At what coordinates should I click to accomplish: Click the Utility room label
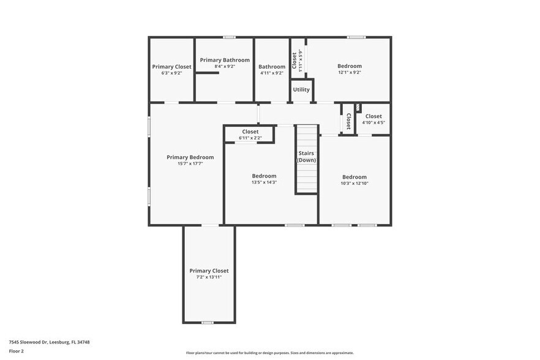pyautogui.click(x=301, y=90)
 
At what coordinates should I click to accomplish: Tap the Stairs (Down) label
pyautogui.click(x=306, y=156)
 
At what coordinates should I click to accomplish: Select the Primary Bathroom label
pyautogui.click(x=224, y=60)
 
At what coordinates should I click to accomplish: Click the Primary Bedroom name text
pyautogui.click(x=190, y=157)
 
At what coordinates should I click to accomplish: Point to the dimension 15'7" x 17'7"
pyautogui.click(x=190, y=164)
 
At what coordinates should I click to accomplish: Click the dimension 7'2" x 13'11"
pyautogui.click(x=209, y=277)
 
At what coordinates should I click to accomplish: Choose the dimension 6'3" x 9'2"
pyautogui.click(x=171, y=73)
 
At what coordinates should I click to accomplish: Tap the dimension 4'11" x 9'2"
pyautogui.click(x=272, y=73)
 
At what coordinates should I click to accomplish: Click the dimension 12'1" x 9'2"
pyautogui.click(x=350, y=72)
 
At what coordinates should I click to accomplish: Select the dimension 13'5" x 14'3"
pyautogui.click(x=264, y=182)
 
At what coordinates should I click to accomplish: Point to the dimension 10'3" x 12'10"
pyautogui.click(x=354, y=183)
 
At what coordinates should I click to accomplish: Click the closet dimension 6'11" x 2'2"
pyautogui.click(x=250, y=138)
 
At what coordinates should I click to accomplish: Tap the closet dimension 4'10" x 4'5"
pyautogui.click(x=373, y=122)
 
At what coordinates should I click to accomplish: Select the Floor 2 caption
pyautogui.click(x=16, y=351)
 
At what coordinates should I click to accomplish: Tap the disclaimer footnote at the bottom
pyautogui.click(x=269, y=353)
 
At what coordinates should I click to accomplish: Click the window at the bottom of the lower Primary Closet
pyautogui.click(x=208, y=322)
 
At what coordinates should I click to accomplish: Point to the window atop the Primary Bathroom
pyautogui.click(x=229, y=37)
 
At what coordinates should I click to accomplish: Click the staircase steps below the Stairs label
pyautogui.click(x=306, y=179)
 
